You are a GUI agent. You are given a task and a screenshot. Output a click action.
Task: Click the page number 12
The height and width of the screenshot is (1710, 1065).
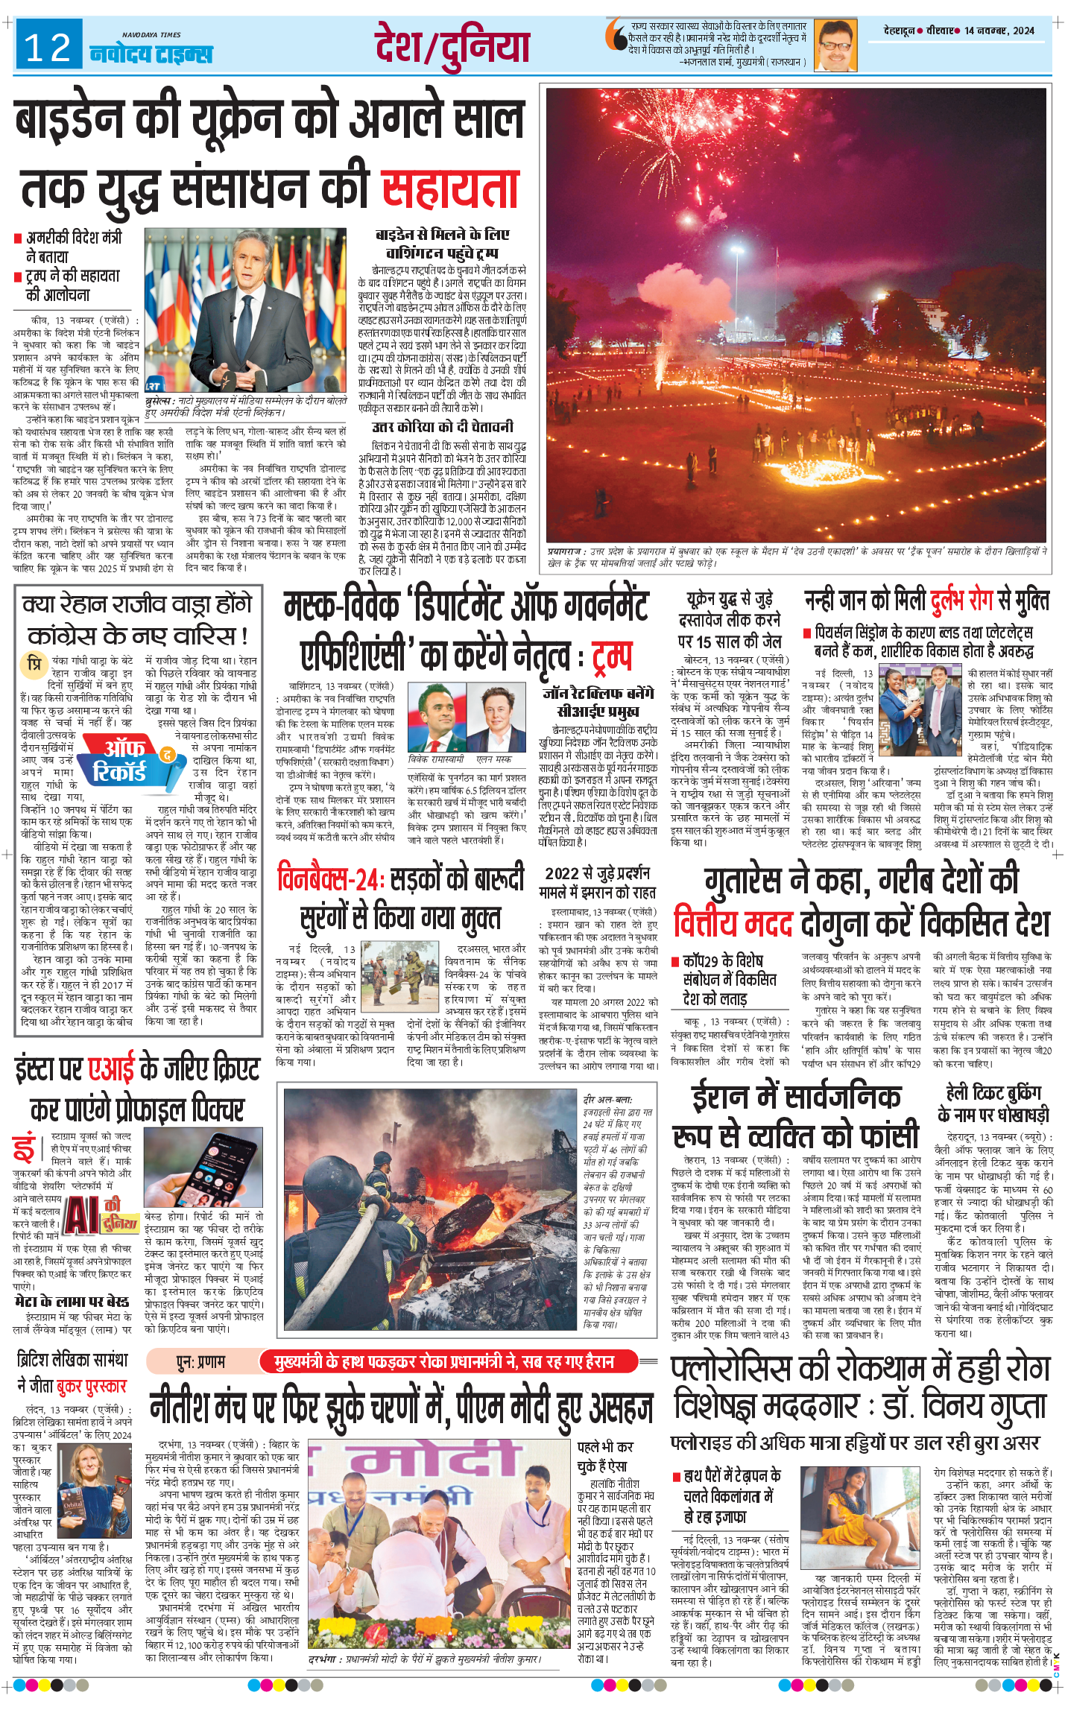(x=48, y=48)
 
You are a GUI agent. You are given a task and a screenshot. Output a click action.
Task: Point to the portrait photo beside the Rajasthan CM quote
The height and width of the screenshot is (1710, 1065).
(x=835, y=45)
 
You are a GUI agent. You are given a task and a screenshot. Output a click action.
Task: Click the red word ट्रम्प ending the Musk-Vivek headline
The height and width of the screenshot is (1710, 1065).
(x=612, y=655)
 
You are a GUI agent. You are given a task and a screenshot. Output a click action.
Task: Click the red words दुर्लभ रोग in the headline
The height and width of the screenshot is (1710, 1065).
(x=961, y=600)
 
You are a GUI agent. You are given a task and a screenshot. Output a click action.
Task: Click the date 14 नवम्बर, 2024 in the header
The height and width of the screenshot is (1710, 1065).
(x=999, y=31)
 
